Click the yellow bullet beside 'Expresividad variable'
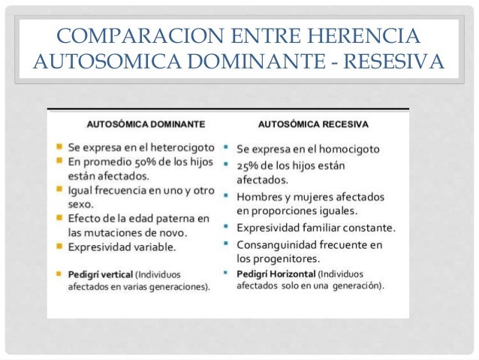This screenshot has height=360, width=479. point(59,247)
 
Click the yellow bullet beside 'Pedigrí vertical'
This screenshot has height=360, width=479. point(59,273)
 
